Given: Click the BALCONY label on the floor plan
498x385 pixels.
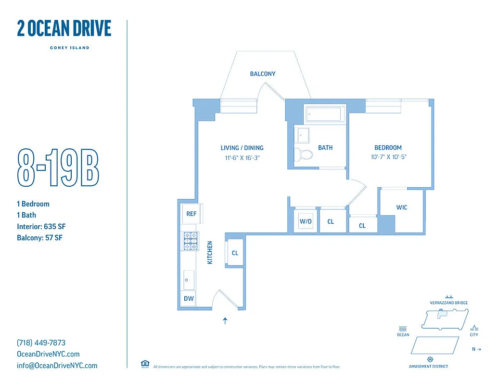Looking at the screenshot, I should click(x=262, y=74).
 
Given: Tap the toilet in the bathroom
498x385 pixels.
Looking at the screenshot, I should click(x=304, y=154).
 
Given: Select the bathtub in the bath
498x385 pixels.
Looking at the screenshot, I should click(x=324, y=115).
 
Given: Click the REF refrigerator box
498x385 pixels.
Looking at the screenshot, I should click(x=191, y=214).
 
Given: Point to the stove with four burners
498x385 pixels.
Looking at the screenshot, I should click(x=190, y=241).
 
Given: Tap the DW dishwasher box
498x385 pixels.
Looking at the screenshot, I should click(x=189, y=298).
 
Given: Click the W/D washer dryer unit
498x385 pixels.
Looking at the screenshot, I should click(x=306, y=221).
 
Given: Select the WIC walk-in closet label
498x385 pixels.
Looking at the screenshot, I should click(x=401, y=207).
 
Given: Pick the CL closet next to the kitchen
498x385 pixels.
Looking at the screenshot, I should click(x=235, y=253).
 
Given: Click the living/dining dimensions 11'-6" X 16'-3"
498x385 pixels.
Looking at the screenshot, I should click(x=242, y=157).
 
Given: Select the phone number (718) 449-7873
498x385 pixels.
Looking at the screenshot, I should click(x=41, y=343).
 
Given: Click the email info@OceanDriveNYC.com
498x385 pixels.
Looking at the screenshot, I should click(x=57, y=365).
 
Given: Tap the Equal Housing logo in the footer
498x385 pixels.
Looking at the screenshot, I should click(x=144, y=364).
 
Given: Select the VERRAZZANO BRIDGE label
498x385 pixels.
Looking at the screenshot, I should click(x=448, y=303).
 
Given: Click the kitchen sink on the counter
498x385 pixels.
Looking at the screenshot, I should click(x=188, y=278).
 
